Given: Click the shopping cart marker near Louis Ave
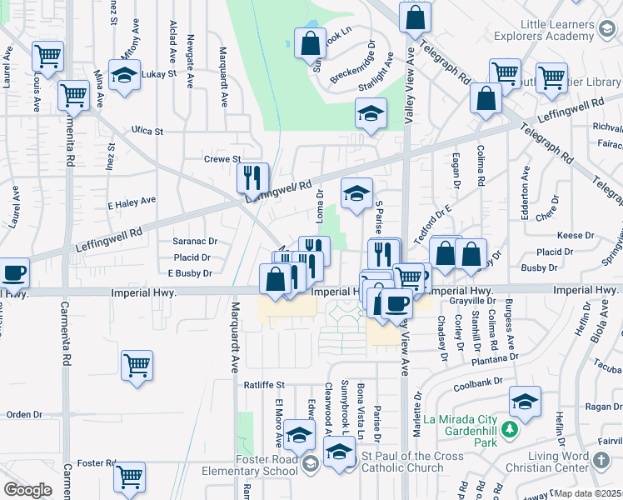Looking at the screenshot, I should [48, 57].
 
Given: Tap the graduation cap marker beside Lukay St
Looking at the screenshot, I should [124, 75].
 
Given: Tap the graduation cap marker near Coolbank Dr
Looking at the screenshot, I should [525, 402].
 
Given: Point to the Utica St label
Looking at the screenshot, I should [147, 131].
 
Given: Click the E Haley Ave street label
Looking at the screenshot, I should [132, 201].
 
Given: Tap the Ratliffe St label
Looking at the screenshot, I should [264, 385].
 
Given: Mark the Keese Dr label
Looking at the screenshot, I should [575, 236].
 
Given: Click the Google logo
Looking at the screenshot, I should [27, 490].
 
